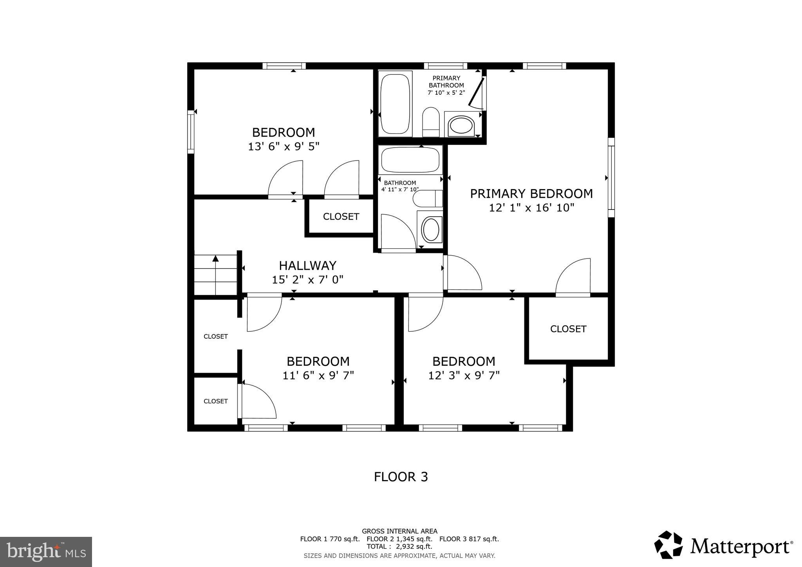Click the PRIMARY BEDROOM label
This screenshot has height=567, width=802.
tap(531, 194)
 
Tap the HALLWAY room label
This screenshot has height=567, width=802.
tap(307, 266)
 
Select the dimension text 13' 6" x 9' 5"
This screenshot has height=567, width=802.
tap(284, 147)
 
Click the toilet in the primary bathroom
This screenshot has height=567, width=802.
tap(431, 121)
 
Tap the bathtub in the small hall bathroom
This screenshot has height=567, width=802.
tap(410, 160)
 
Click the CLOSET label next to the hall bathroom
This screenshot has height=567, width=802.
tap(341, 217)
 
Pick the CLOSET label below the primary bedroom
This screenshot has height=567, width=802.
tap(568, 329)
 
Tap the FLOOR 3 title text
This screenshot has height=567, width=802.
tap(401, 477)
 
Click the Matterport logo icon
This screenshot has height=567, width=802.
tap(668, 545)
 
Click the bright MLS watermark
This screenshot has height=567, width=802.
tap(46, 552)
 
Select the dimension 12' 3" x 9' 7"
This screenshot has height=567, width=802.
tap(464, 376)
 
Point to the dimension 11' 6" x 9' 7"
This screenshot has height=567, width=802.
tap(318, 376)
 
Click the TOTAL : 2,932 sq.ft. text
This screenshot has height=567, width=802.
tap(399, 546)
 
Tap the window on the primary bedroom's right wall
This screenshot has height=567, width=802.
tap(611, 177)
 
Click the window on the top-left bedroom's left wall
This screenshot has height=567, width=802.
tap(191, 132)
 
